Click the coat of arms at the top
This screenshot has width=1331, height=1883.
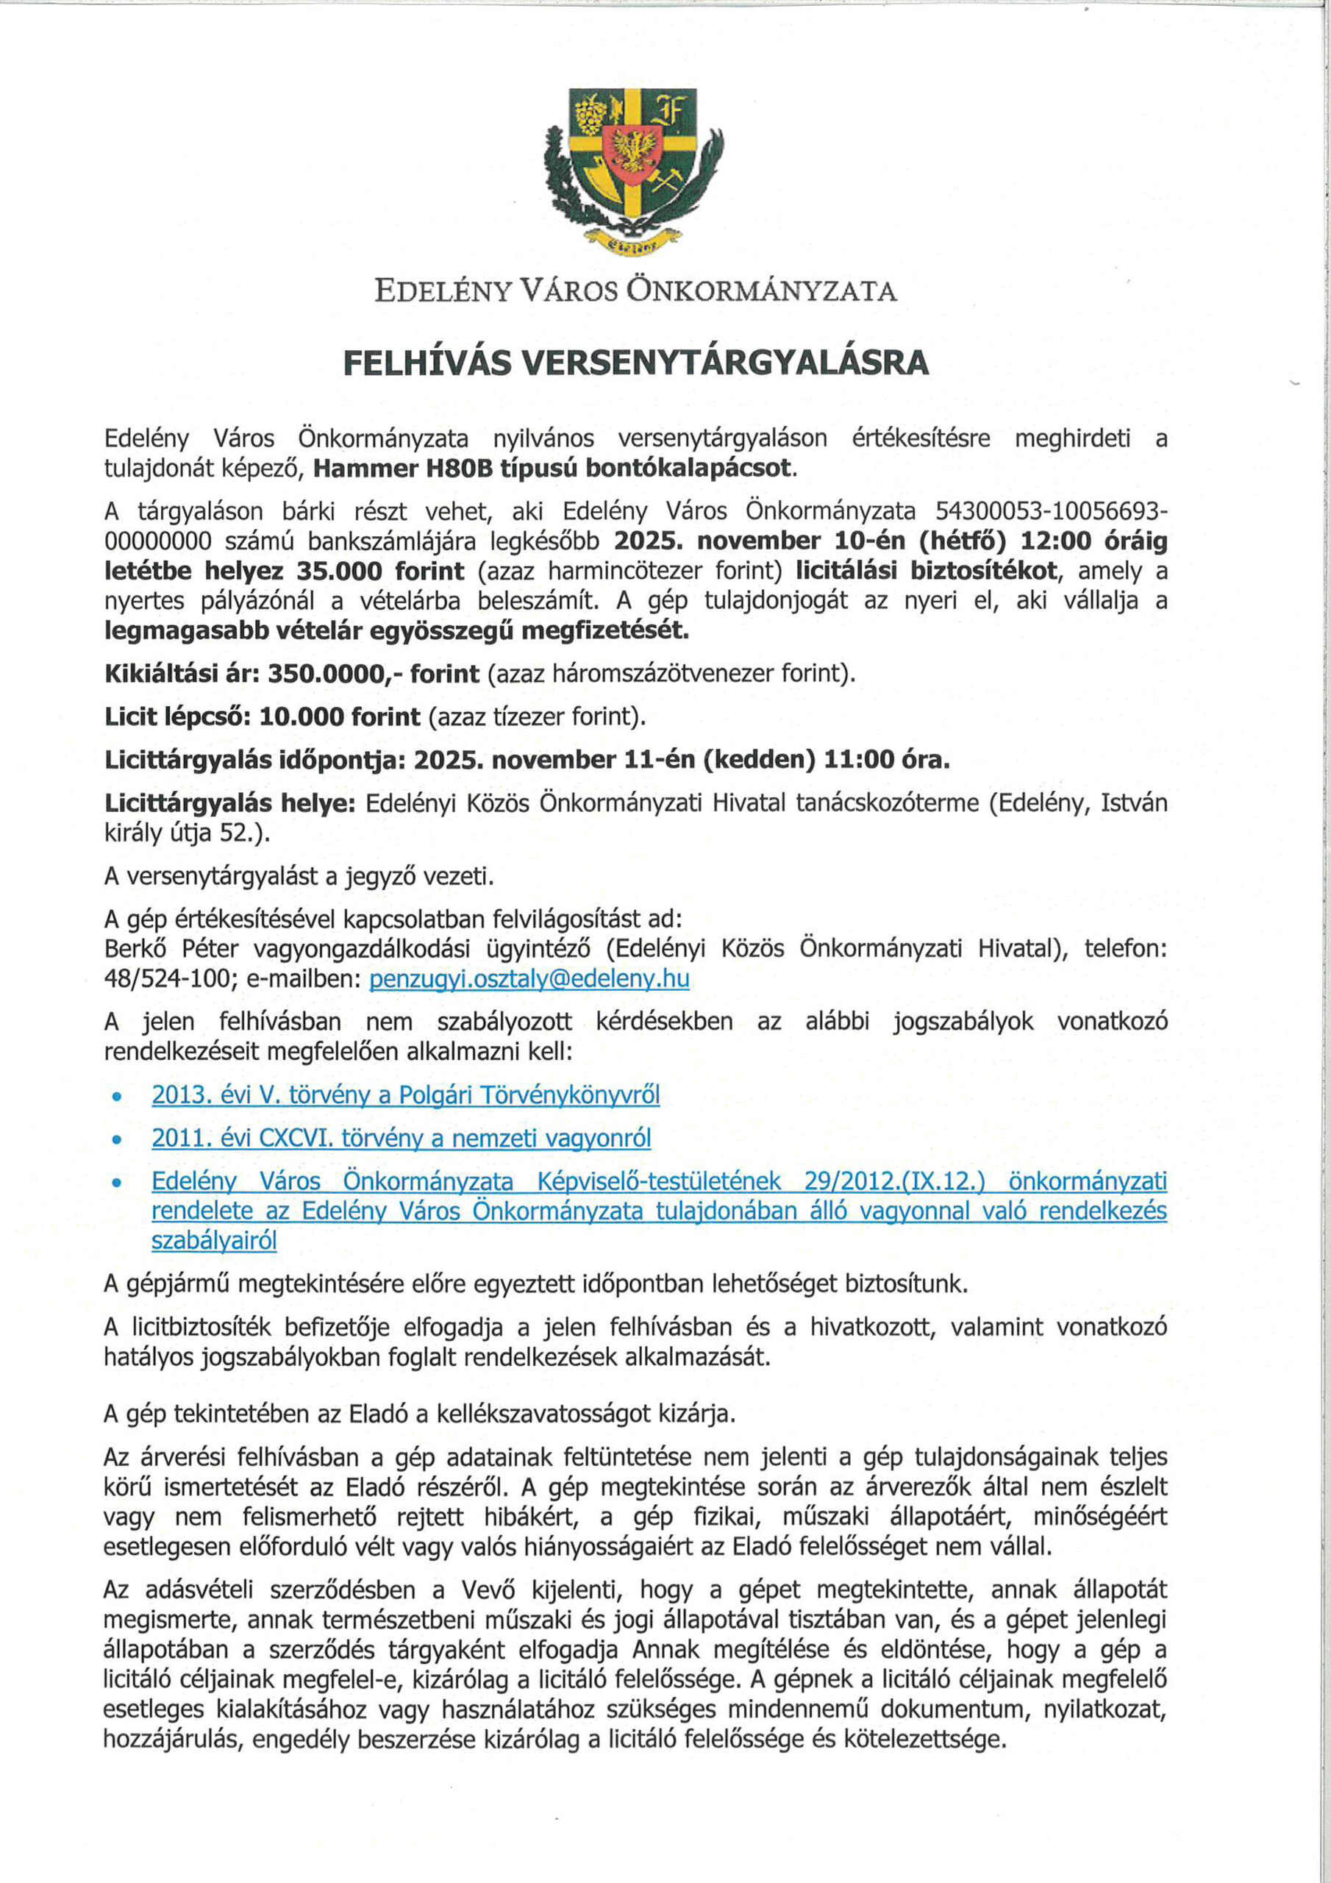(x=634, y=168)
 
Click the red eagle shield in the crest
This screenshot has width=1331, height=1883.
(x=633, y=152)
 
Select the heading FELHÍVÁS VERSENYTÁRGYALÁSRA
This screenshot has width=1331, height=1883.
(x=635, y=362)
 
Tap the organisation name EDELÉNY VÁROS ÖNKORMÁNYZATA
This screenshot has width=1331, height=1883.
(x=635, y=291)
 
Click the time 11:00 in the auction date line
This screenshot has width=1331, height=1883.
(x=860, y=761)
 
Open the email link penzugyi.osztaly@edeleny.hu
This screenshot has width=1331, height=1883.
(x=529, y=979)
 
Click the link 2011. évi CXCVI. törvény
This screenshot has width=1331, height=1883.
(x=401, y=1139)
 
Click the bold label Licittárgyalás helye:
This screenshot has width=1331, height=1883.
(x=229, y=804)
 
